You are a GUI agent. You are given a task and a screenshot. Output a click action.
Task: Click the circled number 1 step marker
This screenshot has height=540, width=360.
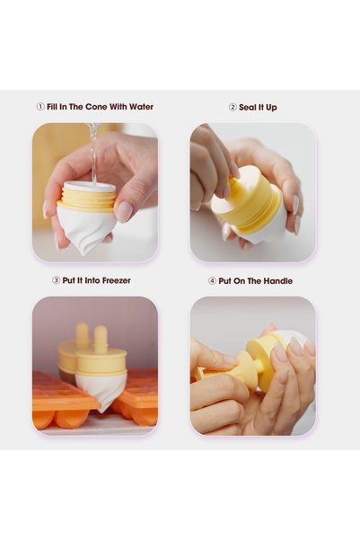40,107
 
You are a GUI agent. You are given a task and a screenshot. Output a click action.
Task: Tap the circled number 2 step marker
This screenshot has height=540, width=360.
233,108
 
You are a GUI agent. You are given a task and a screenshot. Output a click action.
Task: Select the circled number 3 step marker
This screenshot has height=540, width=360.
56,280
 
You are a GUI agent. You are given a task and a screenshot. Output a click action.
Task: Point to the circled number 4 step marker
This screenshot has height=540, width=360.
212,281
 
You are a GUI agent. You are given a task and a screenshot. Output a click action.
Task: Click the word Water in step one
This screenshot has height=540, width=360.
141,107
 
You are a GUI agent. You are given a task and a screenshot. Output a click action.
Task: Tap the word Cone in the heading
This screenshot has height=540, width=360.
96,107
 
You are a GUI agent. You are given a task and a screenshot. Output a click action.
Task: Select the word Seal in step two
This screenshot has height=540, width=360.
247,108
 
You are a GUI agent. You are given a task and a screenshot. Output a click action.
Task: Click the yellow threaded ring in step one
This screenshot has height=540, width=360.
86,200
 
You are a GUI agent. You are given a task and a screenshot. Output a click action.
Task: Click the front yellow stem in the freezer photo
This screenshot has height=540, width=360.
101,340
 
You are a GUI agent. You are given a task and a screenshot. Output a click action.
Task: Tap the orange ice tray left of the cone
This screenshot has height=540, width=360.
62,400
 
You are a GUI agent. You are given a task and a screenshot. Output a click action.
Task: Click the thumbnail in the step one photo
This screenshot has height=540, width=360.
123,211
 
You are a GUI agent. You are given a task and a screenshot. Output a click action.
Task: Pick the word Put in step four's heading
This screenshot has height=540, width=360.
224,281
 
